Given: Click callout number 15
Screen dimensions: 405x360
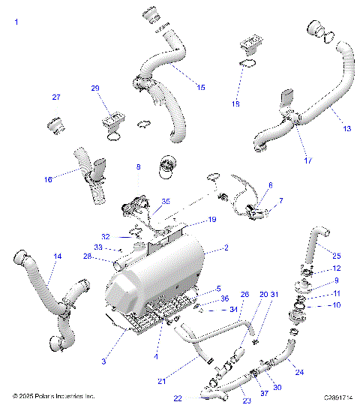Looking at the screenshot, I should pos(200,88).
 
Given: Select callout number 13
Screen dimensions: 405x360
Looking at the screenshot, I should pos(346,128).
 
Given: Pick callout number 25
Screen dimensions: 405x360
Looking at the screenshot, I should pos(336,256).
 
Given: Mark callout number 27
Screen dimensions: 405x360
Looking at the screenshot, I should pos(55,98).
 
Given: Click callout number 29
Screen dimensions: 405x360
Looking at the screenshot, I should pos(116,88).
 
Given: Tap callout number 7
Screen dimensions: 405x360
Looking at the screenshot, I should pos(281,201).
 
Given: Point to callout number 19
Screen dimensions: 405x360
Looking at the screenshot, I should pos(212,220).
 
